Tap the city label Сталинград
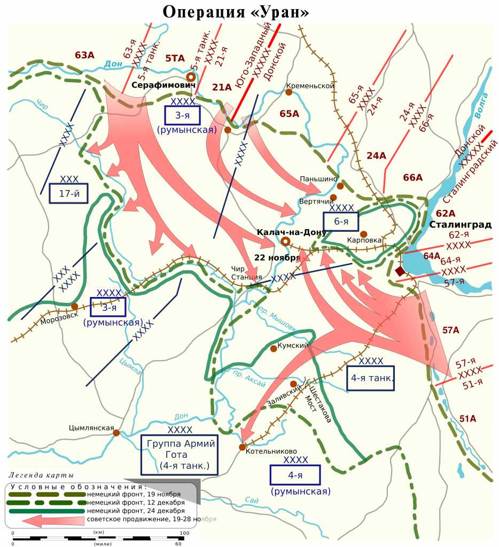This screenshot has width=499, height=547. pyautogui.click(x=460, y=224)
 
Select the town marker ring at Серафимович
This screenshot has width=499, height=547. pyautogui.click(x=190, y=76)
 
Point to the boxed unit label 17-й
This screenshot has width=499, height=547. pyautogui.click(x=68, y=193)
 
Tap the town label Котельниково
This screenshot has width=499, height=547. pyautogui.click(x=271, y=451)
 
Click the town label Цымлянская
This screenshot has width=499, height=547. pyautogui.click(x=92, y=428)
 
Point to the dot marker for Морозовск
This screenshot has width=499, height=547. pyautogui.click(x=74, y=307)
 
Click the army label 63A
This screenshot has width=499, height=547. pyautogui.click(x=85, y=54)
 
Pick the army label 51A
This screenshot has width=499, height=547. pyautogui.click(x=467, y=418)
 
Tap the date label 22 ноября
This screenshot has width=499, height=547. pyautogui.click(x=277, y=257)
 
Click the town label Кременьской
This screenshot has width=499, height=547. pyautogui.click(x=310, y=85)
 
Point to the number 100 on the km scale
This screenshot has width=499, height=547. pyautogui.click(x=184, y=533)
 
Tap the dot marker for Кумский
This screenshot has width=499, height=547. pyautogui.click(x=274, y=348)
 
